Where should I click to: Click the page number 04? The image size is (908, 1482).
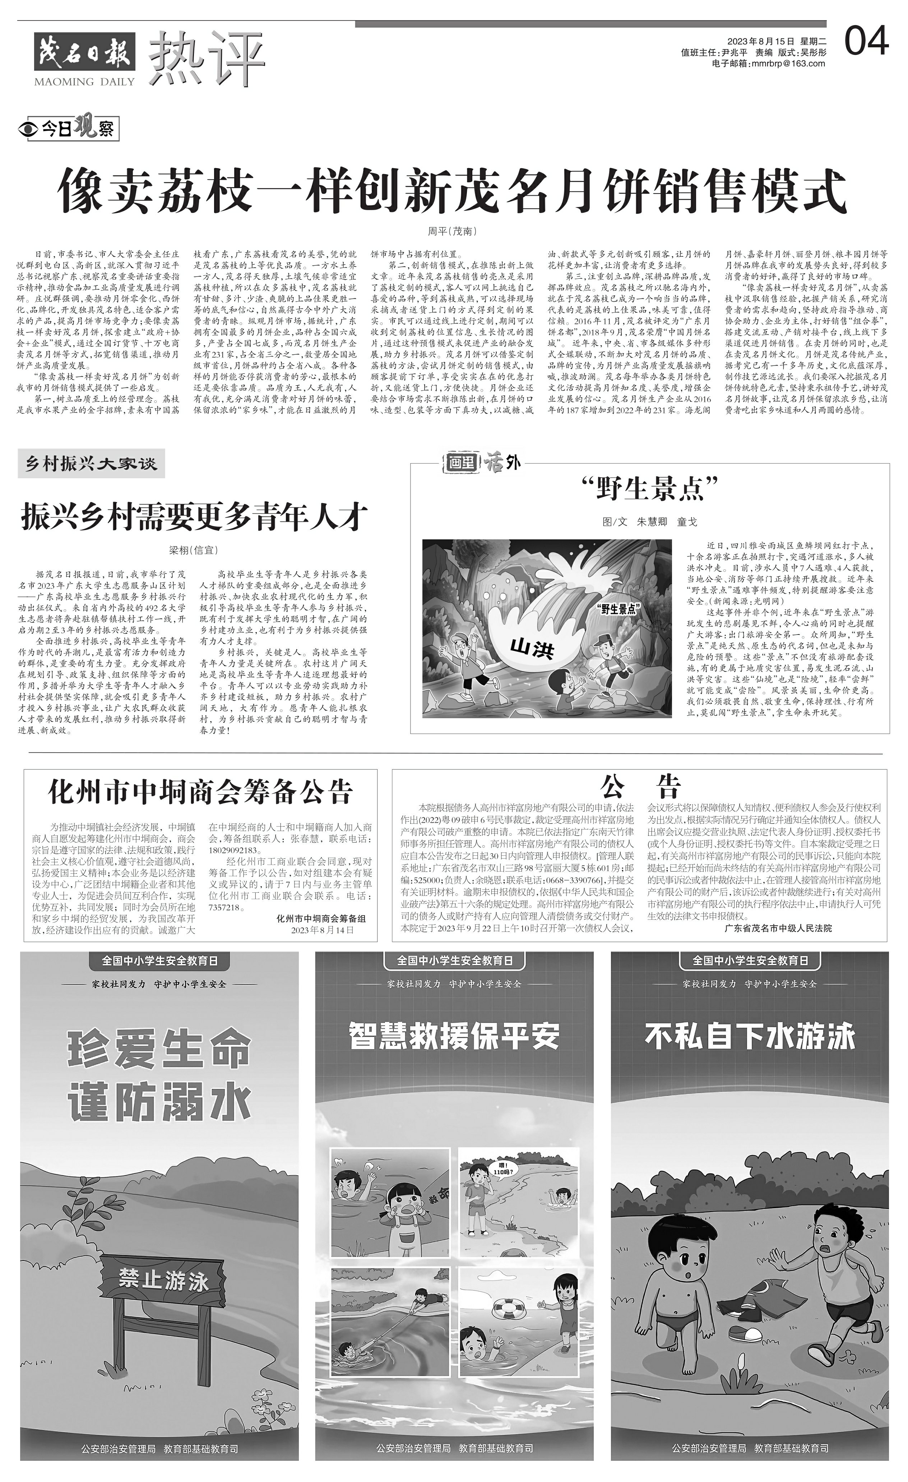click(866, 41)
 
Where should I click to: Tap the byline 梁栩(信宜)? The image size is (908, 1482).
click(193, 550)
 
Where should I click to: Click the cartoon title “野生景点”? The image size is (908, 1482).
click(650, 488)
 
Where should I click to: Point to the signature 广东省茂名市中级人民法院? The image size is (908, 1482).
click(779, 928)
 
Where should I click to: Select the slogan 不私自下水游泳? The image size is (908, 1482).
click(750, 1036)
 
